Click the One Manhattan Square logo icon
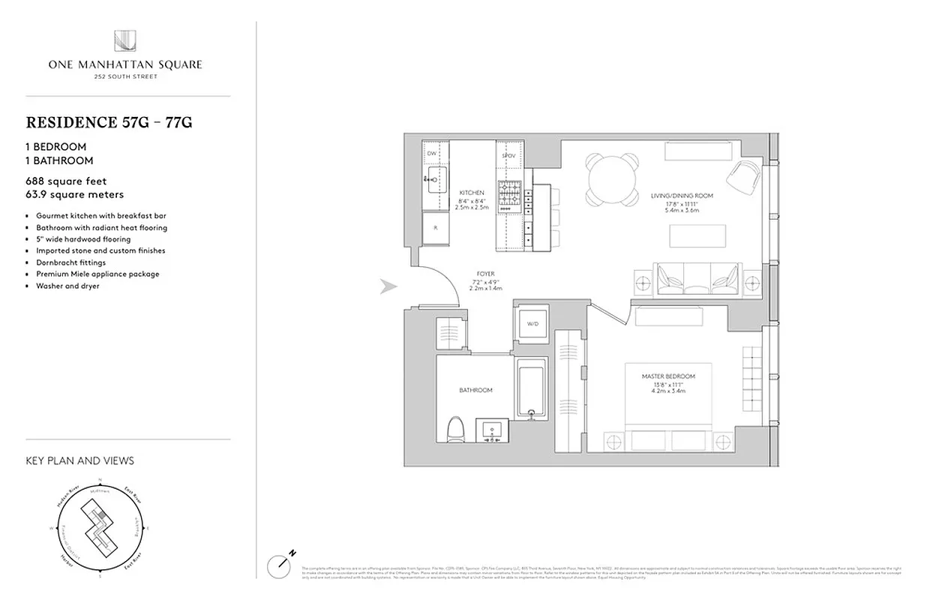tap(124, 41)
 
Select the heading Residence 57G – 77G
tap(109, 122)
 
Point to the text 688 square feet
tap(66, 181)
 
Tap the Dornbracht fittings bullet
tap(71, 262)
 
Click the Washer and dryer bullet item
tap(67, 286)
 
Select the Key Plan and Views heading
tap(79, 460)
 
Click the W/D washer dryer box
tap(532, 324)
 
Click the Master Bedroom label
tap(667, 376)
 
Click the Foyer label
tap(486, 274)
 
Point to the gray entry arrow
tap(388, 286)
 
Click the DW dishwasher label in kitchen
tap(432, 154)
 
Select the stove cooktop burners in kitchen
tap(508, 194)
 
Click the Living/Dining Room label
tap(682, 196)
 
